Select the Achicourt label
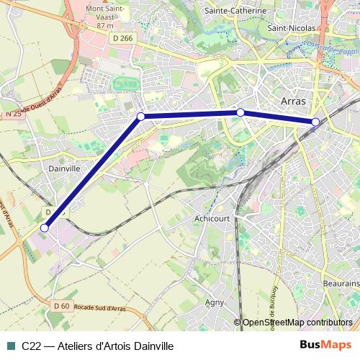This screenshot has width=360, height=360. click(x=212, y=217)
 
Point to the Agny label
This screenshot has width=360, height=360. click(x=215, y=302)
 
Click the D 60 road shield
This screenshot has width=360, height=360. click(x=61, y=306)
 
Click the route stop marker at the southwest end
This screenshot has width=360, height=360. click(x=45, y=228)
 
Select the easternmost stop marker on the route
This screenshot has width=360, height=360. click(x=315, y=122)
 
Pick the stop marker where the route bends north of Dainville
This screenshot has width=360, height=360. click(x=141, y=116)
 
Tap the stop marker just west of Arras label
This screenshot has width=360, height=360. click(x=240, y=112)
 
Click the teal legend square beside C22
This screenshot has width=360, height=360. click(x=10, y=346)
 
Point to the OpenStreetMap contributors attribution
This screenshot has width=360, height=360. click(x=297, y=323)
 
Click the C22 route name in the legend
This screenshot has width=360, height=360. click(x=30, y=346)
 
